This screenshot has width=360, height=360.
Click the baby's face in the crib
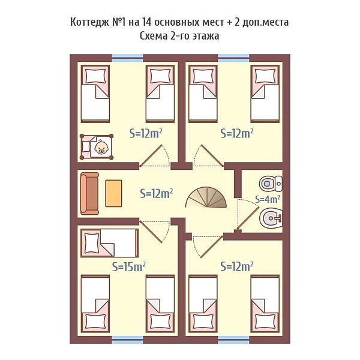[x=102, y=147]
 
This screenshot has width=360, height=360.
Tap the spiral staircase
[x=206, y=197]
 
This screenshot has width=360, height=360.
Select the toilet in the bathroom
[x=271, y=184]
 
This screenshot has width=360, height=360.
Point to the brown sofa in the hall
[x=89, y=194]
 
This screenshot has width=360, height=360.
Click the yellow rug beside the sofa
[x=113, y=193]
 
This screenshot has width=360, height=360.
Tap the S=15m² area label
[x=128, y=266]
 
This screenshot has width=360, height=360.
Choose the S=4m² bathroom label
[x=268, y=199]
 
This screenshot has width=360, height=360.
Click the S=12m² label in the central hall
[x=156, y=194]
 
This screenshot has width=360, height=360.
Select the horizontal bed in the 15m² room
[x=110, y=243]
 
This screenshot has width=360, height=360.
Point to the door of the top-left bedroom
[x=151, y=155]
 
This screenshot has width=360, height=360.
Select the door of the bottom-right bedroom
[x=211, y=247]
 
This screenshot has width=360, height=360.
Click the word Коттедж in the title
[x=89, y=23]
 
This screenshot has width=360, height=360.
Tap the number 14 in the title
[x=147, y=22]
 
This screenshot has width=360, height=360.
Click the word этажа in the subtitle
[x=205, y=36]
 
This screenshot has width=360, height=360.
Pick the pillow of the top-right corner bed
[x=265, y=76]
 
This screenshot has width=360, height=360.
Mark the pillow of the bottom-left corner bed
[x=95, y=321]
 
